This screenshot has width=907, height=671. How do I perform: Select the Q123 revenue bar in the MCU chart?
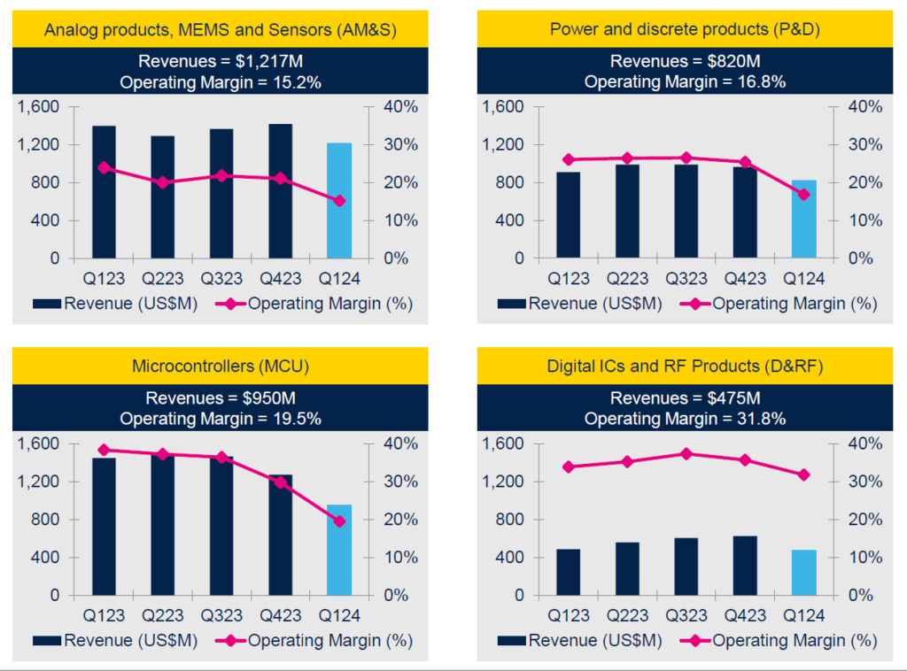(x=103, y=526)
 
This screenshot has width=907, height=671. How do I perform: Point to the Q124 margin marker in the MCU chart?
(x=339, y=521)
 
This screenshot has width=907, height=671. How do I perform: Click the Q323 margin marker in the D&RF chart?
(x=686, y=453)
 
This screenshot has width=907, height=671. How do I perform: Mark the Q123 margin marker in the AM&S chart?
(x=104, y=167)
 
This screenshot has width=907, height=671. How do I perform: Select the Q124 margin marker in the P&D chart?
(x=803, y=195)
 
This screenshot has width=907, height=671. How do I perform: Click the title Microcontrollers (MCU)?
(x=220, y=366)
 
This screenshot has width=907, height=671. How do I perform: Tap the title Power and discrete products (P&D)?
(x=685, y=29)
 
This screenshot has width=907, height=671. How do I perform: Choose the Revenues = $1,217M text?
(x=220, y=62)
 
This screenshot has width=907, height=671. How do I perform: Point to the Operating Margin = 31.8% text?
(x=685, y=418)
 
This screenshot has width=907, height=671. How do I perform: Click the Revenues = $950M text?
(x=220, y=398)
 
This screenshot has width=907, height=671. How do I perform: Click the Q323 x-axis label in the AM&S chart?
(x=221, y=279)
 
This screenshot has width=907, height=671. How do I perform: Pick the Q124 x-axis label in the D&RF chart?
(x=803, y=615)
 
